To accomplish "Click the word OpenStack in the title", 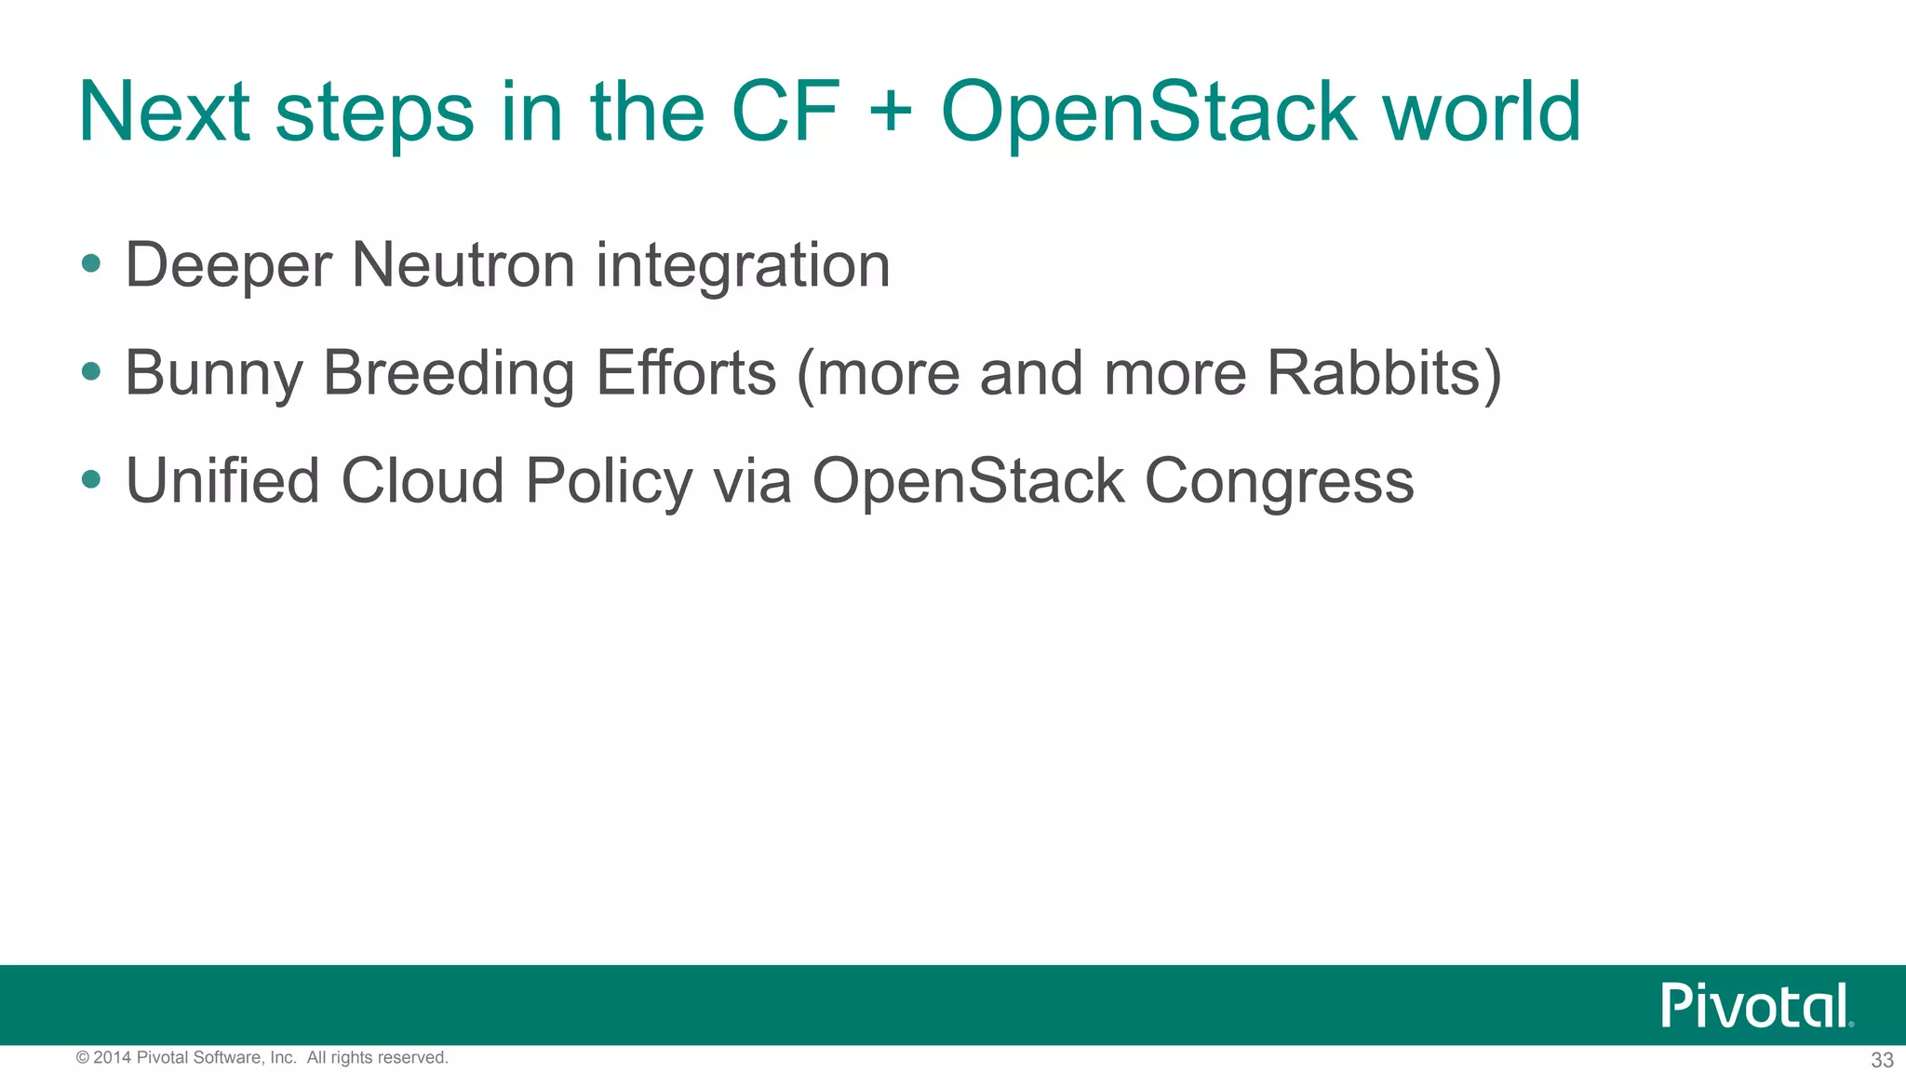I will click(1148, 114).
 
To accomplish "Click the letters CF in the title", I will click(786, 114).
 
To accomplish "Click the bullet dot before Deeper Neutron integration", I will click(91, 264).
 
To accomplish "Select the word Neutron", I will click(463, 265).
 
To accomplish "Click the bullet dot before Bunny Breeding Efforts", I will click(91, 372).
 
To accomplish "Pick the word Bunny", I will click(214, 375).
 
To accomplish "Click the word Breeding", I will click(449, 375).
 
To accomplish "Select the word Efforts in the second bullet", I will click(686, 373).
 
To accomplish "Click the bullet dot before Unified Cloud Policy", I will click(91, 480).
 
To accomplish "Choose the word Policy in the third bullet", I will click(609, 483).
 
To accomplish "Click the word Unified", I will click(222, 481).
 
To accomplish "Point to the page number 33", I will click(1882, 1060).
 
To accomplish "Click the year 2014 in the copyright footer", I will click(113, 1058).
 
